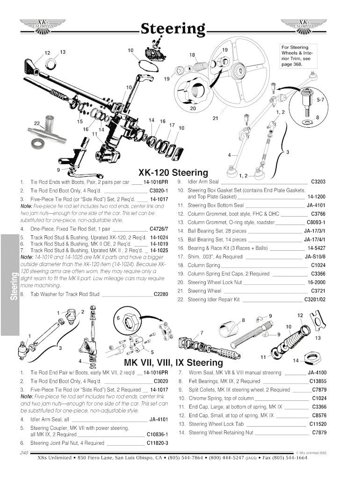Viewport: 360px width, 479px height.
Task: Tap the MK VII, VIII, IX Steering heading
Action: [x=173, y=363]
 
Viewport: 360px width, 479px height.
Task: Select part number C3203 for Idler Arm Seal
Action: [x=318, y=181]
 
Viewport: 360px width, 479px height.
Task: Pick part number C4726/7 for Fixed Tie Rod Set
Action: [x=158, y=229]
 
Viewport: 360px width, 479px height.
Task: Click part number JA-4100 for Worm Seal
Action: [x=317, y=373]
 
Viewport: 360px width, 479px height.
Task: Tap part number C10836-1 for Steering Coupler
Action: [x=157, y=434]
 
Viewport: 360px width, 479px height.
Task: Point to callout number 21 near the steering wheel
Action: [x=216, y=118]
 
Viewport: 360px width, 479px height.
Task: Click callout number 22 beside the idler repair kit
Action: [x=37, y=123]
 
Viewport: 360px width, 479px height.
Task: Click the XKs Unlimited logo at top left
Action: [x=42, y=24]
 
